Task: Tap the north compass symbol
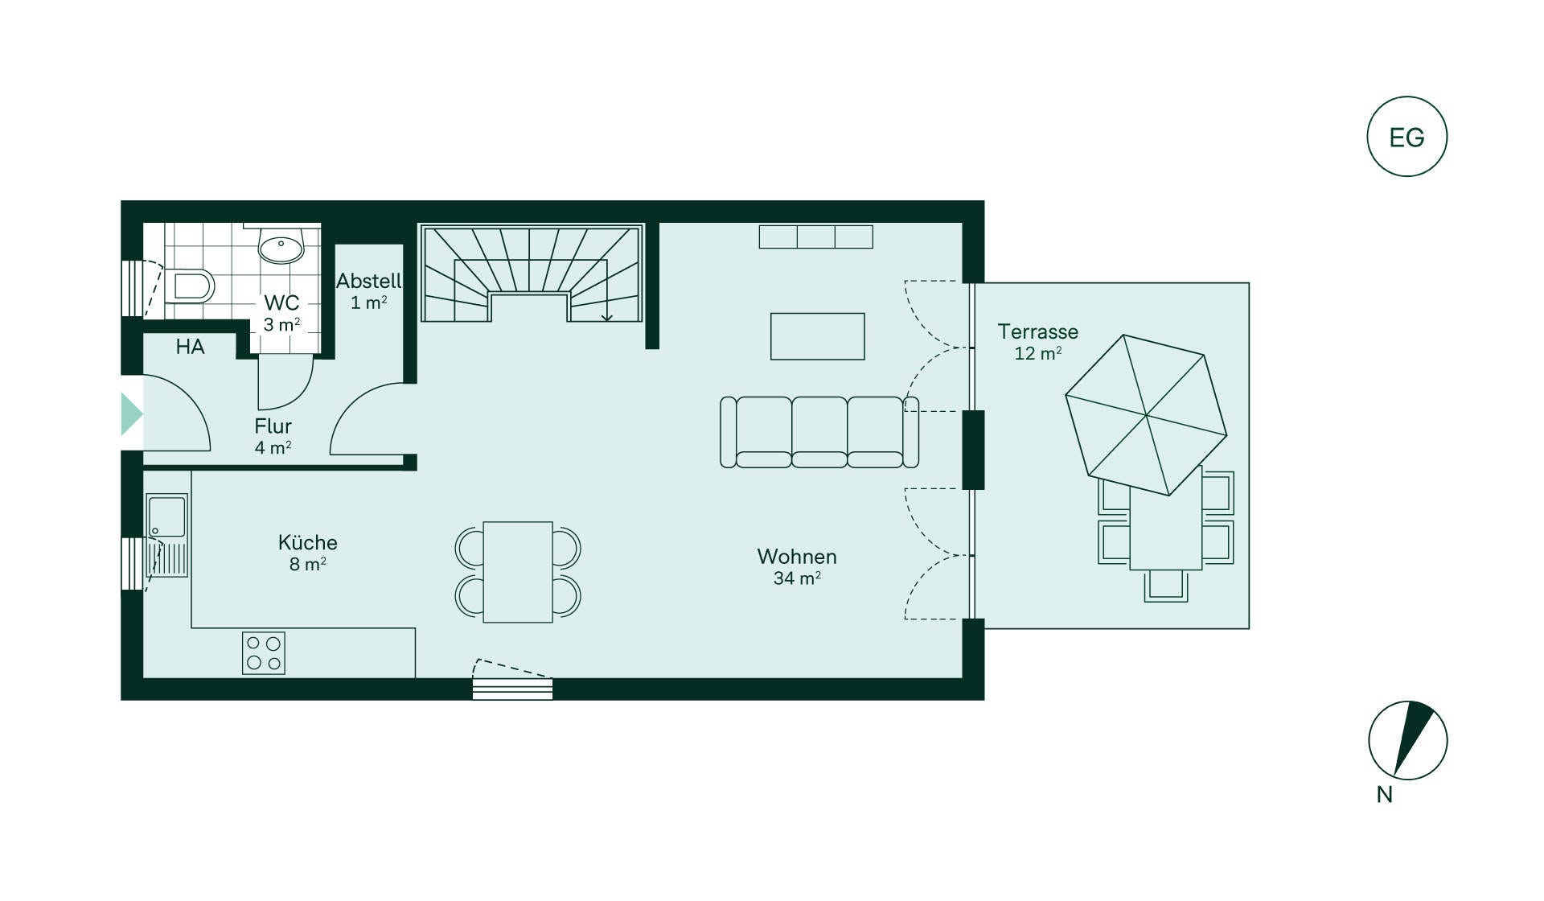(x=1408, y=740)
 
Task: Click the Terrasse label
(x=1037, y=331)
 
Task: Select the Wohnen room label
(x=797, y=557)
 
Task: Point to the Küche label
(x=308, y=542)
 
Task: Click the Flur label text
(x=273, y=426)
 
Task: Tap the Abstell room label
(x=369, y=281)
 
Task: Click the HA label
(x=190, y=347)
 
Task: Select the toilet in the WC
(x=190, y=286)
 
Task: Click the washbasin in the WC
(x=281, y=245)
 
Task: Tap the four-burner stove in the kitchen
(x=264, y=653)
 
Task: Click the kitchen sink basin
(x=166, y=516)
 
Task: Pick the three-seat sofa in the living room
(x=819, y=432)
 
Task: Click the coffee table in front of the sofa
(x=818, y=336)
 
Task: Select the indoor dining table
(x=518, y=572)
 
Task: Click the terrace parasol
(x=1146, y=415)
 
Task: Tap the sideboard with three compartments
(x=816, y=237)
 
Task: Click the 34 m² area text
(x=797, y=578)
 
